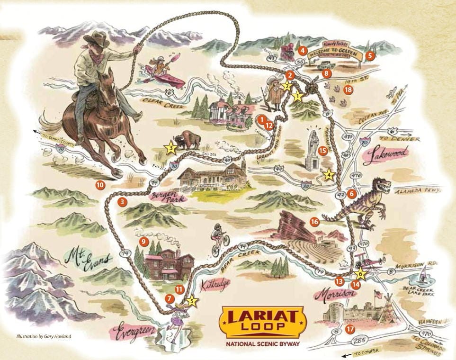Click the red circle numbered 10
coord(99,185)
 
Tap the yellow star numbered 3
coord(171,148)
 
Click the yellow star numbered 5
coord(191,300)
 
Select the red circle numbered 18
coord(349,90)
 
